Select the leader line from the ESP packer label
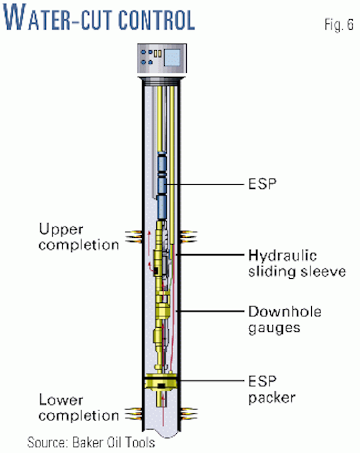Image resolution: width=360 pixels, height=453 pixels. pyautogui.click(x=219, y=382)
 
